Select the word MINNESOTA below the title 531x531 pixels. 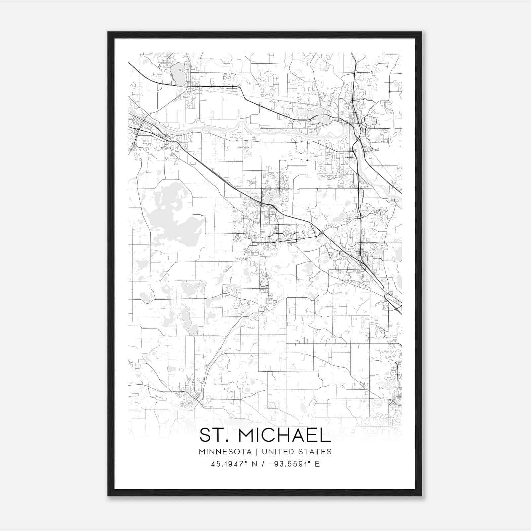click(x=225, y=452)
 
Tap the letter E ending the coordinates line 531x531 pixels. click(x=317, y=464)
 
